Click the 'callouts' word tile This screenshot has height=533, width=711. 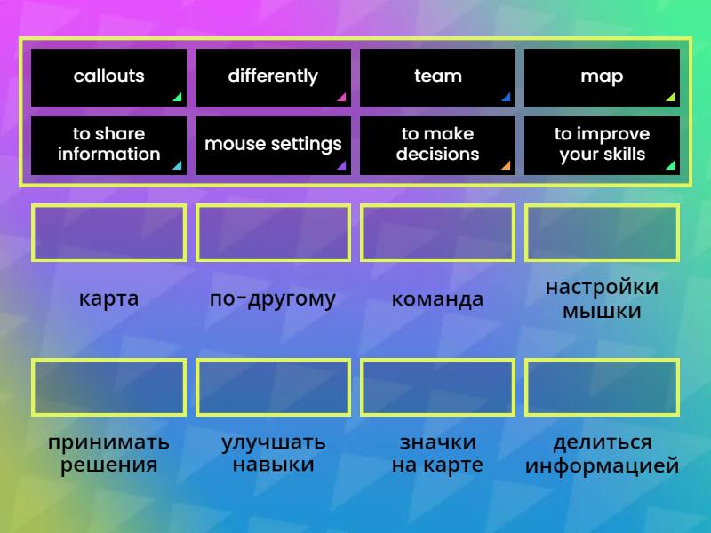(108, 77)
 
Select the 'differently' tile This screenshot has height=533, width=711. (273, 77)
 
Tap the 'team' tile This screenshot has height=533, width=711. (437, 77)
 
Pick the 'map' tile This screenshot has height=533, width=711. (602, 77)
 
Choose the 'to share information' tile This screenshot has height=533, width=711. (108, 145)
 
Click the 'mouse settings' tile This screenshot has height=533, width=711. (273, 145)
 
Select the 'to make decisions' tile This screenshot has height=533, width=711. (437, 145)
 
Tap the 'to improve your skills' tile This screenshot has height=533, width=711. (602, 145)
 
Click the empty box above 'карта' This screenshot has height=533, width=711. (108, 234)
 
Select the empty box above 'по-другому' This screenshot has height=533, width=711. (273, 234)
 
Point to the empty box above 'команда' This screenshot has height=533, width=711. (437, 234)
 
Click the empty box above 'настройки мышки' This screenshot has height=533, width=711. (602, 234)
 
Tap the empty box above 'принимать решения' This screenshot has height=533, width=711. (108, 387)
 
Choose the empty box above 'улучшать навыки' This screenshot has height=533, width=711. (273, 387)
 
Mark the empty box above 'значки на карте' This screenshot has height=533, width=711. (437, 387)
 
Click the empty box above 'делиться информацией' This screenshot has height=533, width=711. (602, 387)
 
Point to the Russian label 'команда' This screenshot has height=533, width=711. (437, 299)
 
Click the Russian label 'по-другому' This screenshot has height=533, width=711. (273, 299)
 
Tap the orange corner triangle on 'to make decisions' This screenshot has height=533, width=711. (506, 165)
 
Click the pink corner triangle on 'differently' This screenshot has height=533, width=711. (341, 98)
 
